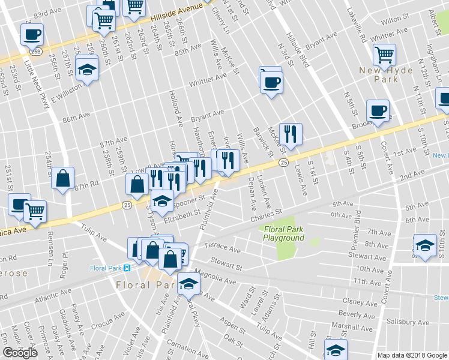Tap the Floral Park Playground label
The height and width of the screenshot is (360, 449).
pos(283,233)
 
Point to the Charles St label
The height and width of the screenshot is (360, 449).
pos(266,213)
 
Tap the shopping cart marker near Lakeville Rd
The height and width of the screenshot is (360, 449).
pos(384,55)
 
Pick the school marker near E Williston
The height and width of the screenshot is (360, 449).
pos(88,70)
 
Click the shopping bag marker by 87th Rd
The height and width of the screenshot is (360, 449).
pos(62,178)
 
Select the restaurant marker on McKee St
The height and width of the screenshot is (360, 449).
pos(291,134)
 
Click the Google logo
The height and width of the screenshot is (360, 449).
pos(20,352)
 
